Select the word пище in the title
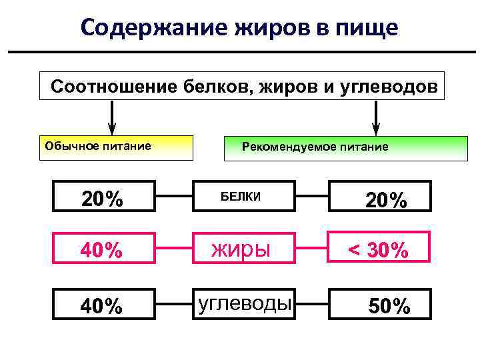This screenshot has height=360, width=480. tap(366, 28)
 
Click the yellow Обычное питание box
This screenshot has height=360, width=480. tap(116, 148)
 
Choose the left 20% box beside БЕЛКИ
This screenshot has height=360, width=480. tap(104, 198)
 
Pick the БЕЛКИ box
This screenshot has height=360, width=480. tap(244, 197)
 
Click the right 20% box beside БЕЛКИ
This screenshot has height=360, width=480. tap(380, 199)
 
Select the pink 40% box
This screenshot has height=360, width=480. tap(104, 250)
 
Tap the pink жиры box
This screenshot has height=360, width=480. tap(244, 250)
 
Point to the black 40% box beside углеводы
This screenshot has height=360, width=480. tap(104, 305)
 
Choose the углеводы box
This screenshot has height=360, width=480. tap(244, 304)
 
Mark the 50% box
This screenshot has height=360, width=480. tap(380, 305)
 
